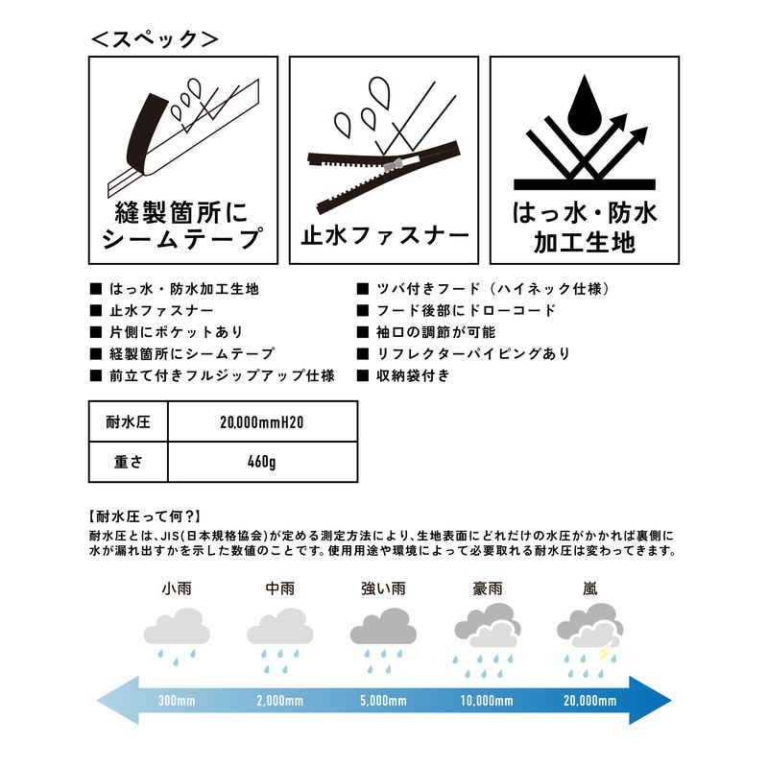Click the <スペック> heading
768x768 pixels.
point(155,39)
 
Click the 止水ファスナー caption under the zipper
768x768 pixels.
point(383,234)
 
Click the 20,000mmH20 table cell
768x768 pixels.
point(261,420)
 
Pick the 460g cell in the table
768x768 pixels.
point(261,462)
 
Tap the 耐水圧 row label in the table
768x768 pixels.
point(127,420)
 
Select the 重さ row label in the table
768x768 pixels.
point(127,462)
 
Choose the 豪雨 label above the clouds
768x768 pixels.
point(486,588)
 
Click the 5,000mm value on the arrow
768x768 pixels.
point(383,700)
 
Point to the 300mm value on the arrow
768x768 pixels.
point(177,700)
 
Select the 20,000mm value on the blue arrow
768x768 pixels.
point(588,700)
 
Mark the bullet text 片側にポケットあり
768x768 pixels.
point(169,332)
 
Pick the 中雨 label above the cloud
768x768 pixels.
point(279,588)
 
